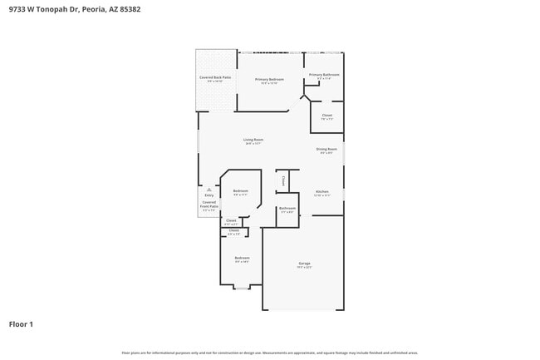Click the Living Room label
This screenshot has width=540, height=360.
253,139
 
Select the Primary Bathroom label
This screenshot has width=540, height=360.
324,74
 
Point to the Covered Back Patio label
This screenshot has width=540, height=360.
215,77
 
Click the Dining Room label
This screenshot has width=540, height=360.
326,149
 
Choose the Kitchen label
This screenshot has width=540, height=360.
322,191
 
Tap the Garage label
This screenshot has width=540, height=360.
304,263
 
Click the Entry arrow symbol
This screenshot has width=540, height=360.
209,190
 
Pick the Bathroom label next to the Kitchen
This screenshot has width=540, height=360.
287,208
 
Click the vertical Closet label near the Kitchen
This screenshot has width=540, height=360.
283,180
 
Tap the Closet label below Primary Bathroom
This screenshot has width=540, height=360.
326,115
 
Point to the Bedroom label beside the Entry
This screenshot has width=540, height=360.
241,191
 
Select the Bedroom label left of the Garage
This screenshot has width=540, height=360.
241,258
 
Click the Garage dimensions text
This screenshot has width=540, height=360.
304,267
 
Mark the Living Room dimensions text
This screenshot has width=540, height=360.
253,143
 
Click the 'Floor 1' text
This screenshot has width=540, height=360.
21,323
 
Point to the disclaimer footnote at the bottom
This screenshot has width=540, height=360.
270,353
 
